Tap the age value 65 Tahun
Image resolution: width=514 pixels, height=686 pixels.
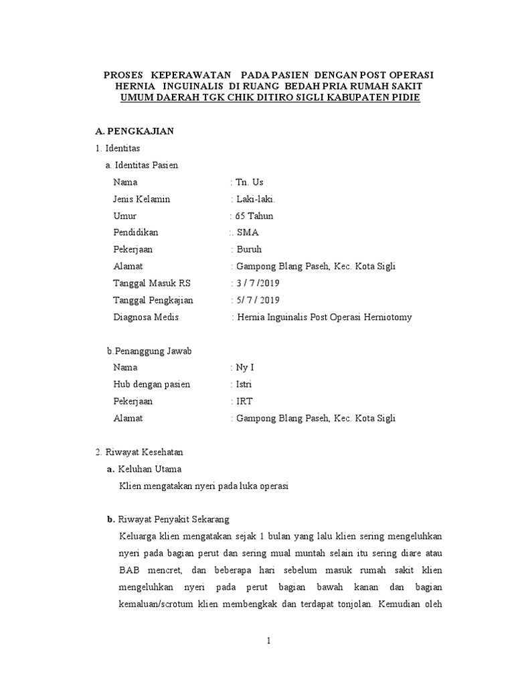[x=254, y=216]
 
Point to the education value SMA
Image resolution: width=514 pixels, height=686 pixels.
[x=248, y=232]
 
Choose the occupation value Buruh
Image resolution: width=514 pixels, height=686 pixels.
[x=250, y=249]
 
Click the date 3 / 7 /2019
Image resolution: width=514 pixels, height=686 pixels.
[x=258, y=283]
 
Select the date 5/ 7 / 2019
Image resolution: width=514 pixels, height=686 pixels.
[x=258, y=299]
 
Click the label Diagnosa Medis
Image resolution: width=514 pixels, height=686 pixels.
[x=146, y=317]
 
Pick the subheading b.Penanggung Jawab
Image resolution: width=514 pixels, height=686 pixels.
[x=150, y=350]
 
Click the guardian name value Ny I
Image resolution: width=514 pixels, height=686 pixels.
[x=243, y=367]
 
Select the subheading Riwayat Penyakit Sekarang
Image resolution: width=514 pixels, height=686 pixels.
[x=173, y=519]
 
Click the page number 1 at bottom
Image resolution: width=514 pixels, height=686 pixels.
[x=268, y=640]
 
